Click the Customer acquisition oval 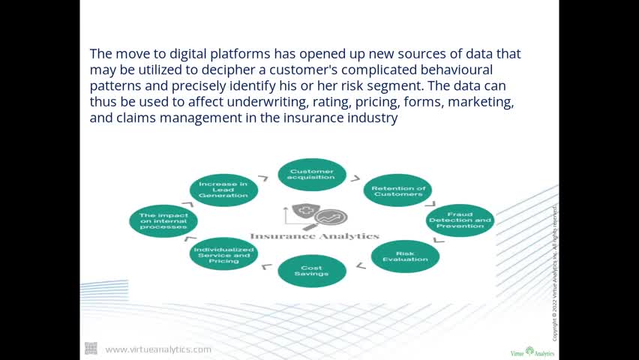pos(312,174)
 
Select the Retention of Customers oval pos(398,190)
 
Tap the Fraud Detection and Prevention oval pos(460,220)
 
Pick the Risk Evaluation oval pos(405,256)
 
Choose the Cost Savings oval pos(312,271)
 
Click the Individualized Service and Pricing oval pos(223,254)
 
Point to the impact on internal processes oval pos(163,220)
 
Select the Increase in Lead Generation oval pos(223,190)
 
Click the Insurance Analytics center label pos(314,236)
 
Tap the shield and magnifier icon pos(314,215)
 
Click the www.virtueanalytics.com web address pos(158,349)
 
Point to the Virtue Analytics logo pos(532,351)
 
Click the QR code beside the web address pos(91,348)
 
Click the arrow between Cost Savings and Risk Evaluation pos(361,265)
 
